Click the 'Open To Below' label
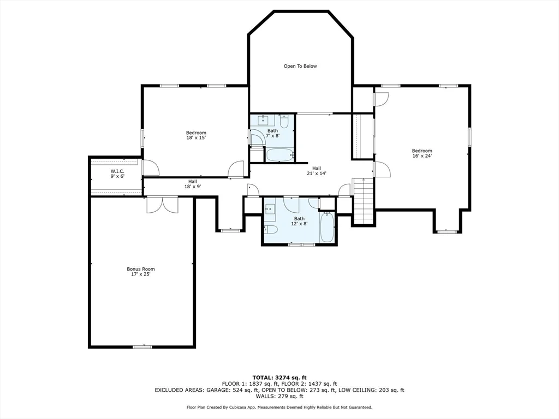click(x=300, y=66)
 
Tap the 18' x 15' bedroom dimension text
click(x=196, y=138)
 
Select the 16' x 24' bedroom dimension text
click(x=421, y=156)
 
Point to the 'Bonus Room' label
click(x=141, y=269)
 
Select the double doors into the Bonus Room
click(x=162, y=204)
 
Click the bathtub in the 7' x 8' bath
click(x=280, y=154)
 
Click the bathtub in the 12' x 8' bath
click(x=327, y=227)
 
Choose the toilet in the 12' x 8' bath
click(x=271, y=229)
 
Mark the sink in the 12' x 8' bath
click(x=270, y=208)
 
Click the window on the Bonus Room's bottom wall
click(x=142, y=346)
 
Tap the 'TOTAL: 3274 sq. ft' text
click(x=279, y=378)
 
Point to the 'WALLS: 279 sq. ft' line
click(x=279, y=397)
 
